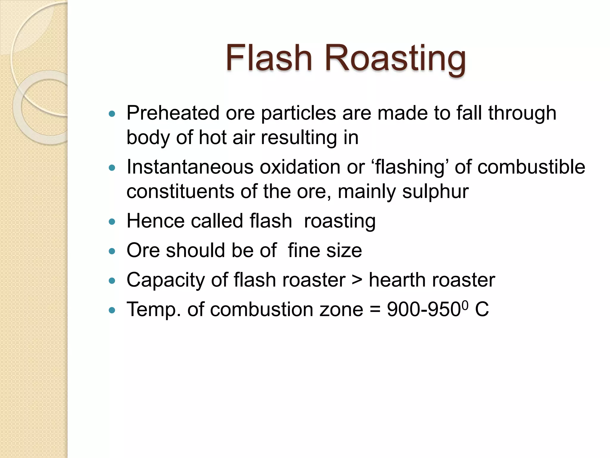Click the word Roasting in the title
(396, 58)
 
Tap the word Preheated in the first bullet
(173, 113)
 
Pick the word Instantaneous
(190, 167)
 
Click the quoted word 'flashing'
(410, 168)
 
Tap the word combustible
(531, 167)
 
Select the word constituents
(180, 191)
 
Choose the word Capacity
(166, 281)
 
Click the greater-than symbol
(357, 280)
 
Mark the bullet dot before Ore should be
(112, 251)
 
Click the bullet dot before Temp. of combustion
(112, 310)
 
